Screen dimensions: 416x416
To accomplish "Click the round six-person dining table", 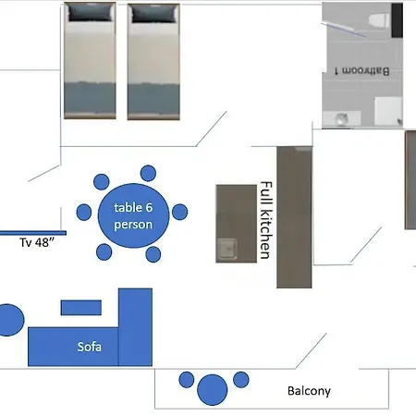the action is [x=133, y=215].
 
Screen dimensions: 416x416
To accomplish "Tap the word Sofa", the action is [x=90, y=347].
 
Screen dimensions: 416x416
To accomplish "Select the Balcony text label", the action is [x=309, y=391].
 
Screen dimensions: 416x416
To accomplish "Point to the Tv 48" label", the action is [x=37, y=242].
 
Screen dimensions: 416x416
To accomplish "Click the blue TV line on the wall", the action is [x=33, y=233].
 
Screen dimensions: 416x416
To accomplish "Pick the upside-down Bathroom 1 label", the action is [x=362, y=71].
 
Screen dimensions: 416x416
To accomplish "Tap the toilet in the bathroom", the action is [x=380, y=20].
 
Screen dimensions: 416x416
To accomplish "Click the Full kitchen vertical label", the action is [x=265, y=220].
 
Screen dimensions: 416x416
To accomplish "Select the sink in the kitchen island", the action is [x=227, y=249].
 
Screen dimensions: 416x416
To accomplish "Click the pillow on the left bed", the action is [x=90, y=13].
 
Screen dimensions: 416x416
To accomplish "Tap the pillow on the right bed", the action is [x=153, y=14].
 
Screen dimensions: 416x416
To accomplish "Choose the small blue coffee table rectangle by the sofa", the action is [x=81, y=308].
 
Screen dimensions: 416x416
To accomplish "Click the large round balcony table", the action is [x=212, y=390].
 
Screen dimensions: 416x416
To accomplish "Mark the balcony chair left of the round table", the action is [x=187, y=380].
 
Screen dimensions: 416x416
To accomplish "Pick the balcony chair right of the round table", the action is [x=241, y=380].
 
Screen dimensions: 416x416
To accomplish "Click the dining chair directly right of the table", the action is [x=180, y=212].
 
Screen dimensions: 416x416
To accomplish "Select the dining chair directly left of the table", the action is [x=84, y=213].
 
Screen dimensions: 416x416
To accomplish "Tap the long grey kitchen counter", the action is [x=294, y=217].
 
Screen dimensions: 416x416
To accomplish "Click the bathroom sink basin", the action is [x=341, y=119].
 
